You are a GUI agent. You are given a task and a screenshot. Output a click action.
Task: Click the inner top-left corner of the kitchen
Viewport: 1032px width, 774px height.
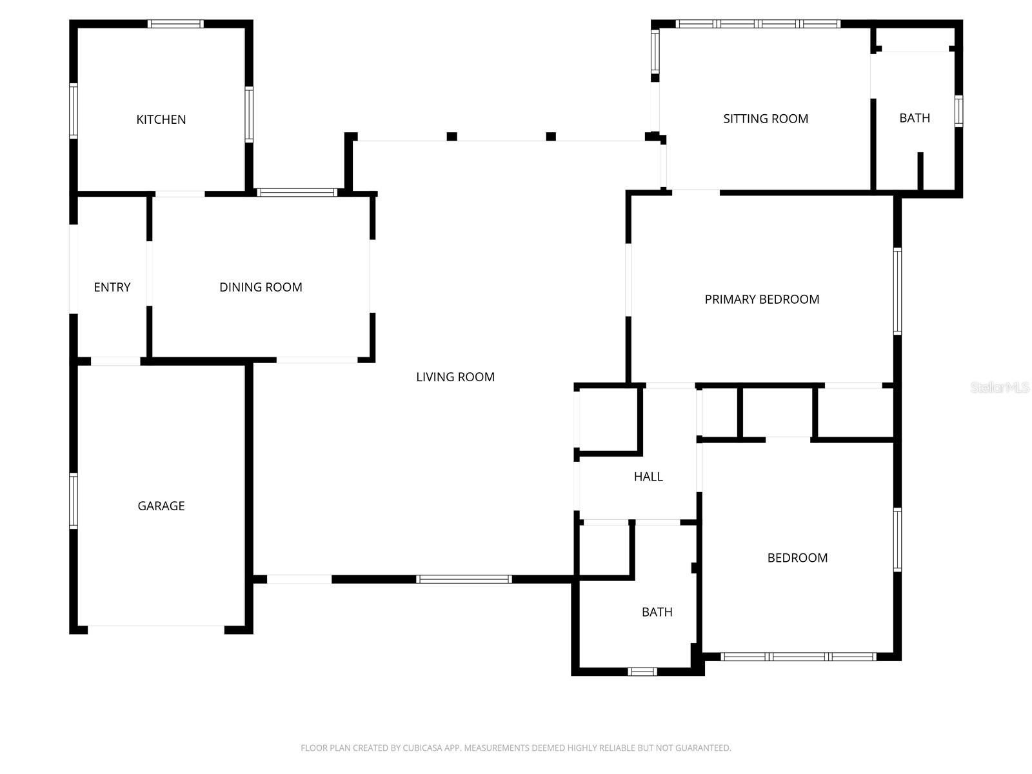click(77, 28)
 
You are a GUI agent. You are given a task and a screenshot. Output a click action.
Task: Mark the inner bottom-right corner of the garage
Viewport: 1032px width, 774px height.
click(245, 626)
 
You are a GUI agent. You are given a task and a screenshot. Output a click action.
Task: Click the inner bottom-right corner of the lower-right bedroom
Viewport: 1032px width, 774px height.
click(894, 653)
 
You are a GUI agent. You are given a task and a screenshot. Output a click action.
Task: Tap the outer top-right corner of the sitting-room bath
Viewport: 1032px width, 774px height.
click(963, 20)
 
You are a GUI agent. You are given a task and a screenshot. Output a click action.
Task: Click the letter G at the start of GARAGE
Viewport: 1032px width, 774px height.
click(141, 506)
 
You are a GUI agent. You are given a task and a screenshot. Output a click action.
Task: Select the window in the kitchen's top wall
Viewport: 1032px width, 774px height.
click(175, 24)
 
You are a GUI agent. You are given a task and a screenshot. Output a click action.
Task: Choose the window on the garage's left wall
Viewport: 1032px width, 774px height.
click(74, 501)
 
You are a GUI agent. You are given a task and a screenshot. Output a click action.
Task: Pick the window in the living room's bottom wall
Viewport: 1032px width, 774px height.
click(464, 579)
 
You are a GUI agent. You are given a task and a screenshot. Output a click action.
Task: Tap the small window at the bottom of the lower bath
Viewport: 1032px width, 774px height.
click(642, 671)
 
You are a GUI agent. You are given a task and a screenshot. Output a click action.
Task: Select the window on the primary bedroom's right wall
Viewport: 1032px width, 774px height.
click(898, 292)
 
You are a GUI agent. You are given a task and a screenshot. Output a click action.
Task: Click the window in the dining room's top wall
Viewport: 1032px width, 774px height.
click(297, 192)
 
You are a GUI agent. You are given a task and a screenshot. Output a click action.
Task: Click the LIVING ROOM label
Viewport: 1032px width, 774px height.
click(455, 377)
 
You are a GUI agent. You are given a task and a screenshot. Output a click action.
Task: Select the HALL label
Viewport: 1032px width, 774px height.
click(648, 477)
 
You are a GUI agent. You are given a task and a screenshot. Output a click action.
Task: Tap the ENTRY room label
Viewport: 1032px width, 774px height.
click(112, 287)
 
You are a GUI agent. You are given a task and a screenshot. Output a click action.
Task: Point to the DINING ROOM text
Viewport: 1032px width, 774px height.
click(261, 287)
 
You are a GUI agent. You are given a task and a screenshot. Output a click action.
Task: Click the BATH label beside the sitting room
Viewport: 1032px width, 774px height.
click(915, 118)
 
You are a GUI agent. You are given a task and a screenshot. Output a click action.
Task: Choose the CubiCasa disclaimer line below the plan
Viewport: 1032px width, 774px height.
click(516, 748)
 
